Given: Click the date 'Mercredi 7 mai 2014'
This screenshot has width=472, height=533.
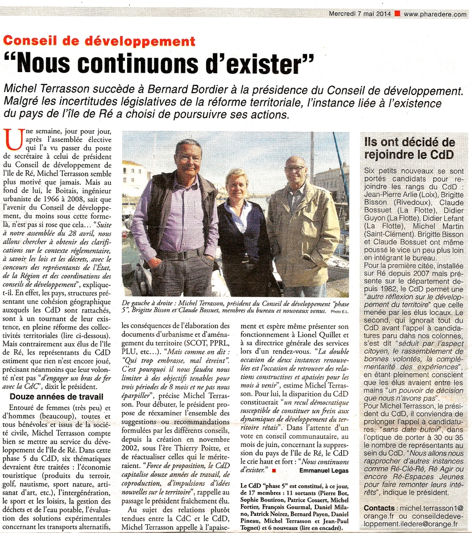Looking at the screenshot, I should (x=360, y=14).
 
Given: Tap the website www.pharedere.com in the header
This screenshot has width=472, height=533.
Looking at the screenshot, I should (x=435, y=14).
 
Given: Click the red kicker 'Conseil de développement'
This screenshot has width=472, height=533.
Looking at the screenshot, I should (x=99, y=41).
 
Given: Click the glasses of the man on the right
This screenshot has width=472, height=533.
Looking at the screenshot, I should (x=294, y=168).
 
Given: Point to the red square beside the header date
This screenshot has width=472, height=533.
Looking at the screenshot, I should (x=397, y=14).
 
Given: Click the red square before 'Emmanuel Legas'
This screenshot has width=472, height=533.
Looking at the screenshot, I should (x=274, y=470).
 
